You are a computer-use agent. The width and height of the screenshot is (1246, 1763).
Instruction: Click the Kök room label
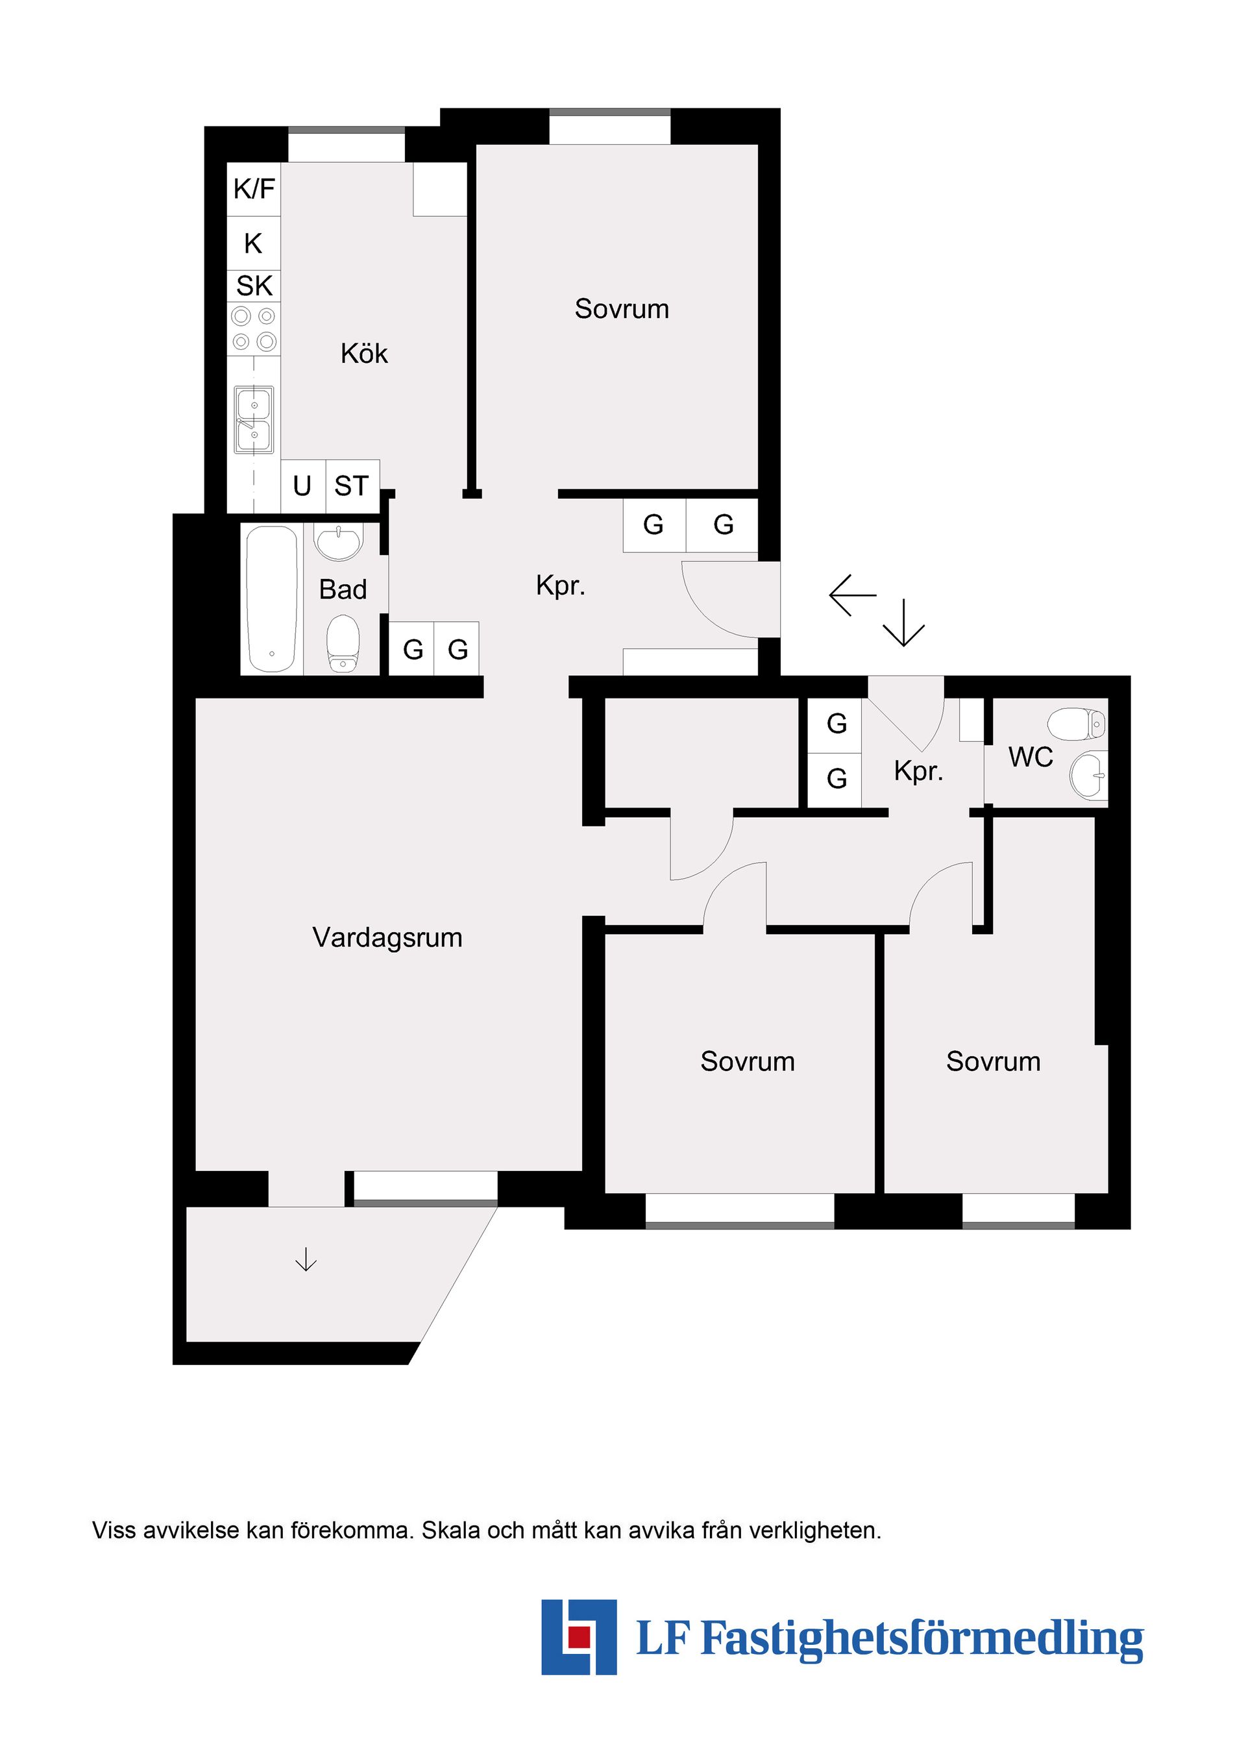pos(364,354)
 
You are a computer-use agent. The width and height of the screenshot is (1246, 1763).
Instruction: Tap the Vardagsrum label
pos(387,937)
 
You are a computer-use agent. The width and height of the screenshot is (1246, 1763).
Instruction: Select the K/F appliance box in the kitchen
pos(254,188)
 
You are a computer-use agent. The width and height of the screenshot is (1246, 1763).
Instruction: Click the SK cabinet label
pos(254,286)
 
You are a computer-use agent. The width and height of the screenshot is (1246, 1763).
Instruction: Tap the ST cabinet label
pos(352,486)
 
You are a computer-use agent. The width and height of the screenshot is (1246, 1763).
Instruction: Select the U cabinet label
pos(302,486)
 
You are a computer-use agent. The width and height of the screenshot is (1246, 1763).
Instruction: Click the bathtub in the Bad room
pos(272,598)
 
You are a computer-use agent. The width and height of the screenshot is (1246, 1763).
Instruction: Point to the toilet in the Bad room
pos(343,644)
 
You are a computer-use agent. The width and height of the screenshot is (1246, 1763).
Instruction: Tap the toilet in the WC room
pos(1077,723)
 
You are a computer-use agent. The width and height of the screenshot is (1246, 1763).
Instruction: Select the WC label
pos(1031,757)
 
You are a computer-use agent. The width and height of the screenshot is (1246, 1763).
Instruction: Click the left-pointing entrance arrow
pos(852,595)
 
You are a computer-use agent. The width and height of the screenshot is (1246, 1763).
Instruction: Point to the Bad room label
pos(343,589)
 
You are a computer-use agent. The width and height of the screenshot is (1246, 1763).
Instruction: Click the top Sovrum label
pos(622,309)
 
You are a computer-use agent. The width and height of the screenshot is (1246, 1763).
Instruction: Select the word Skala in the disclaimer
pos(452,1531)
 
